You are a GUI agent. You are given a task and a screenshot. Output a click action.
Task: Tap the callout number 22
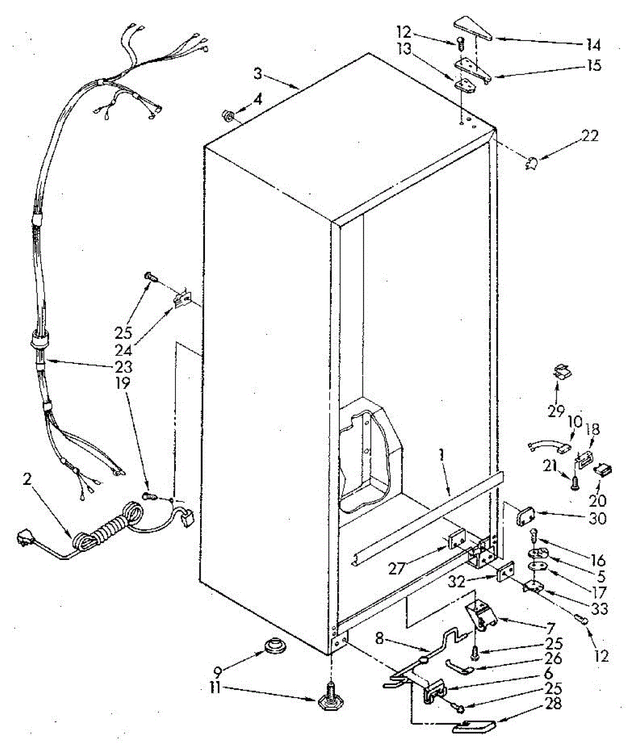(x=589, y=135)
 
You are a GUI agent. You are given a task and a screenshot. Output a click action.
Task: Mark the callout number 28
(x=553, y=703)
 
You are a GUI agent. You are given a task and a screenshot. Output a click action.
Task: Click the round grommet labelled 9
(x=273, y=646)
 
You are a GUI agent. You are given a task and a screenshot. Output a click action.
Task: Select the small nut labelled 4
(x=228, y=115)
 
